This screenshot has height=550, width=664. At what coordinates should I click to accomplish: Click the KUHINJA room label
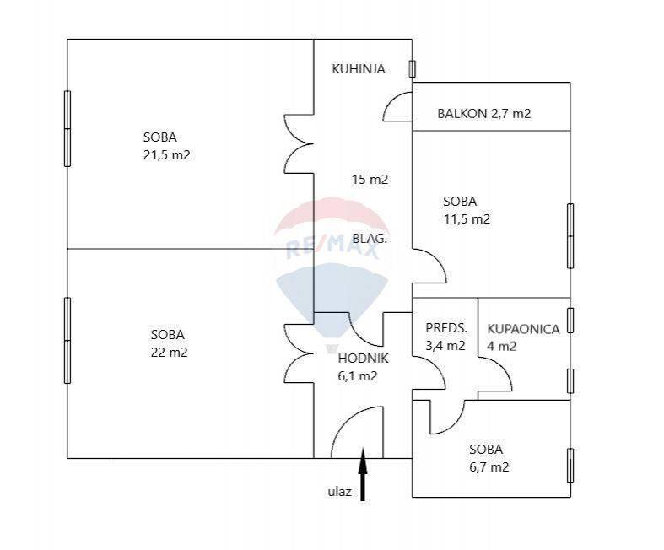point(359,68)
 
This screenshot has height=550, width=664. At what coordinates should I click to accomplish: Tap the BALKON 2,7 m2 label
point(484,114)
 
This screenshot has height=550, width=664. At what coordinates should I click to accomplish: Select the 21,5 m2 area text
point(167,155)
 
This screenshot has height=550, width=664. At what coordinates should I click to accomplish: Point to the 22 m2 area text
point(169,353)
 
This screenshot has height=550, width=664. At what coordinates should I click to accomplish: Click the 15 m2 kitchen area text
point(370,180)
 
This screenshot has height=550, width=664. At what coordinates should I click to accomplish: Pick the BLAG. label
point(370,239)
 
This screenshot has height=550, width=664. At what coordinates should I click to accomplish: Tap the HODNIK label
point(363,359)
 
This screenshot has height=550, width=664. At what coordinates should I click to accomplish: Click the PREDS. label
point(446,327)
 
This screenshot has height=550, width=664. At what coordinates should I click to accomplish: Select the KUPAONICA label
point(523,329)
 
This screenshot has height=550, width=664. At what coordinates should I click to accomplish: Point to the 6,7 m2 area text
point(489,466)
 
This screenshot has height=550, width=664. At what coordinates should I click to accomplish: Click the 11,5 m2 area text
point(467,218)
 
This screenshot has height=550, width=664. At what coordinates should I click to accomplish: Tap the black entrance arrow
point(363,474)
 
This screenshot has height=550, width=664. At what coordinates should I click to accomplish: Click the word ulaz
point(340,492)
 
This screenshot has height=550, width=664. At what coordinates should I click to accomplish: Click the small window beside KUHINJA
point(412,68)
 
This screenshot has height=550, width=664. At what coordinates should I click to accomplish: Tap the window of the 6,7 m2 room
point(570,466)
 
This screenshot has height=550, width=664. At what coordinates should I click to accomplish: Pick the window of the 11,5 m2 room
point(570,236)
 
